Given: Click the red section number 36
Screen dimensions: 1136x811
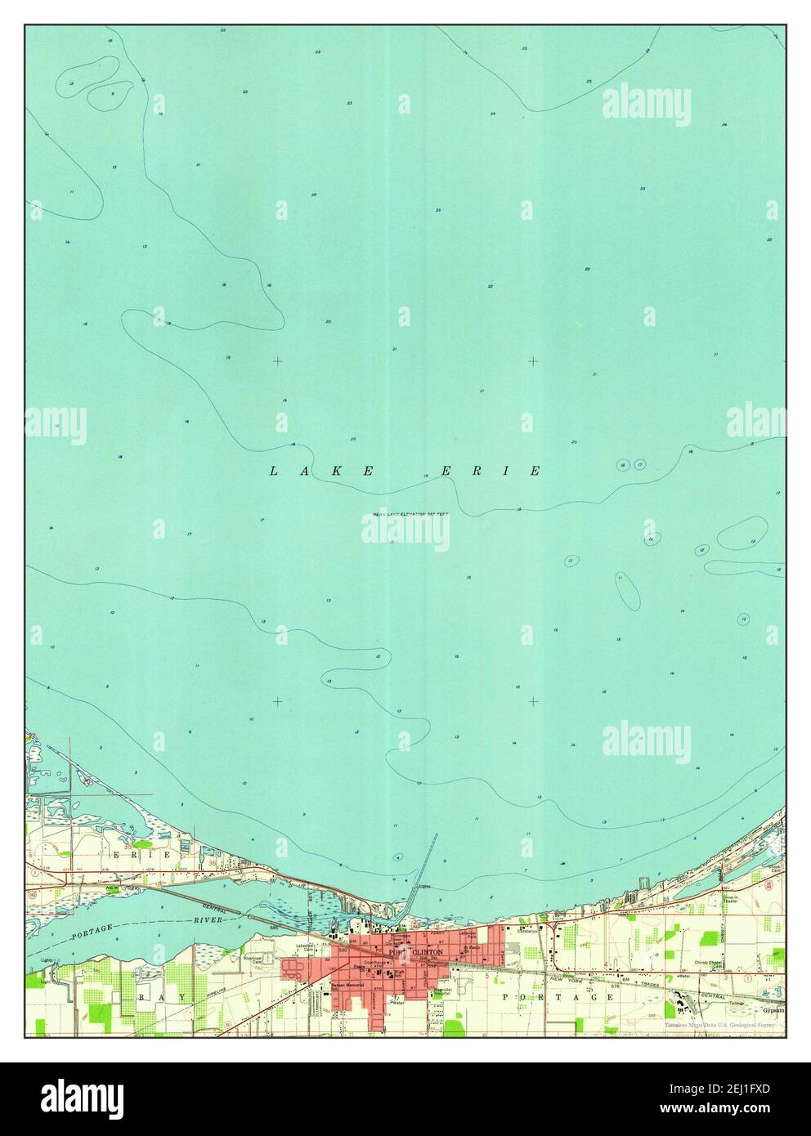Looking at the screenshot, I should coord(214,862).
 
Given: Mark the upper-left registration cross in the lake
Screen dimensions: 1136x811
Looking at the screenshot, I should coord(278,360).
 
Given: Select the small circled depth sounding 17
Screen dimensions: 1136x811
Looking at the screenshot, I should coord(640,465).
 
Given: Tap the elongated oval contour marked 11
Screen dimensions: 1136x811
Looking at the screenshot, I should coord(625,589).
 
